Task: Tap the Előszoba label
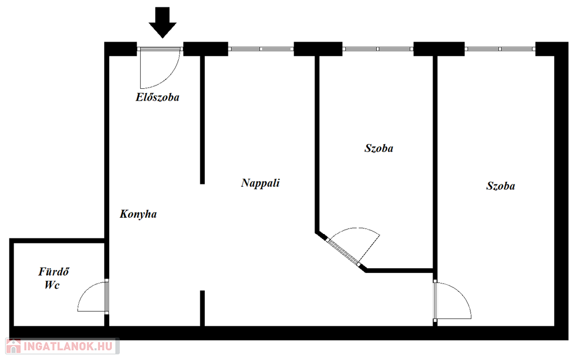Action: click(x=157, y=97)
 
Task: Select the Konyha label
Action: click(x=138, y=214)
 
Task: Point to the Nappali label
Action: click(x=260, y=183)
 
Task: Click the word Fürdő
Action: click(x=53, y=272)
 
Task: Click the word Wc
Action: click(x=52, y=285)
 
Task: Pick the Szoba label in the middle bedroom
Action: click(x=379, y=148)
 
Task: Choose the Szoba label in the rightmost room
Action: click(x=501, y=186)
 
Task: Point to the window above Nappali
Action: click(x=261, y=49)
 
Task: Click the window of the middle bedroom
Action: click(x=377, y=49)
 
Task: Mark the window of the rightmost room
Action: click(x=500, y=49)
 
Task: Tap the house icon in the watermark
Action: click(x=13, y=346)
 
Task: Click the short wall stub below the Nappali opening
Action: click(x=202, y=308)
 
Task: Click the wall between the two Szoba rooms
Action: click(x=435, y=163)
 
